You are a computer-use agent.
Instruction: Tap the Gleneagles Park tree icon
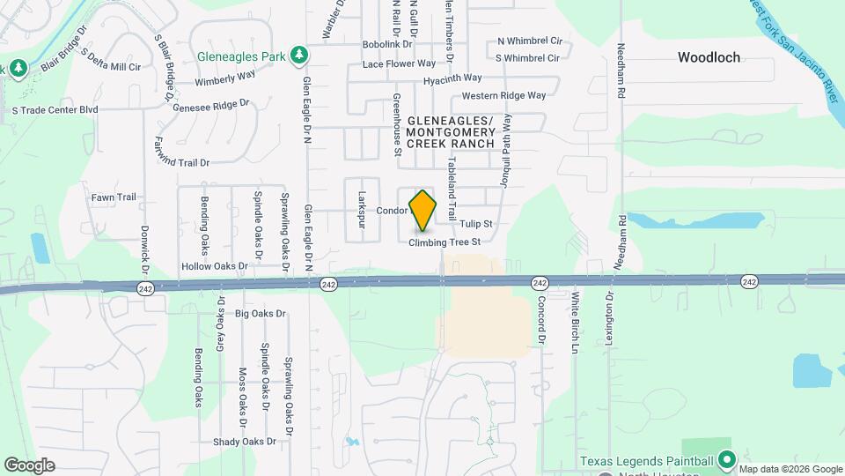299,56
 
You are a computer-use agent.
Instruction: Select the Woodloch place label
709,57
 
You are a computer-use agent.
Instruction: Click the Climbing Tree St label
445,242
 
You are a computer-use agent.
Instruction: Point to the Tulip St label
475,224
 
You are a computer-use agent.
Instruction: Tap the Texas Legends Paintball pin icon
727,461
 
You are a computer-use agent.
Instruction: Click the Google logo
29,465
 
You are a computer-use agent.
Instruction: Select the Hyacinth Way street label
452,78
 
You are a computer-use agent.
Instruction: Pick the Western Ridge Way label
503,95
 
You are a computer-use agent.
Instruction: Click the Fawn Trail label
114,197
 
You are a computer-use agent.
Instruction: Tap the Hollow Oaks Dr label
215,265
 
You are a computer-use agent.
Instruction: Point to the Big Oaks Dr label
261,313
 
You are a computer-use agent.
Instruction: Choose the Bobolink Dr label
387,44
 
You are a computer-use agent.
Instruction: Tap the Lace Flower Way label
399,63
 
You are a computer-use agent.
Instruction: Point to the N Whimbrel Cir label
529,41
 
